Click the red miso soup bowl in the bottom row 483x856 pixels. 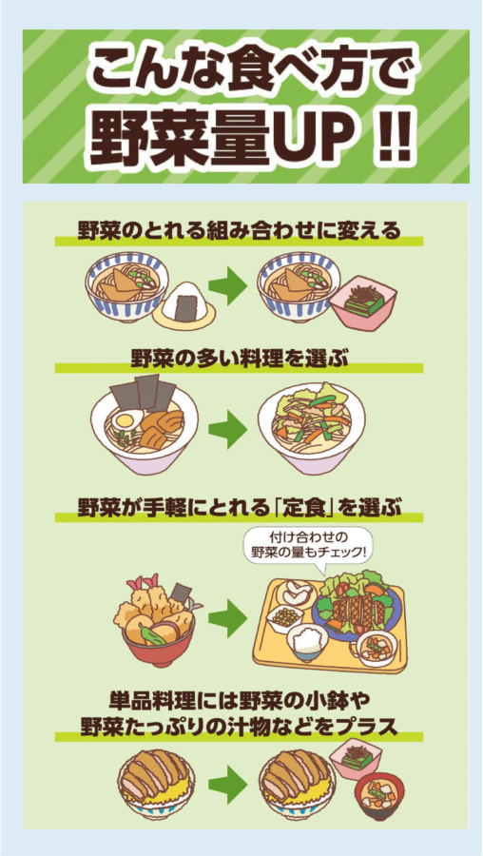tap(380, 797)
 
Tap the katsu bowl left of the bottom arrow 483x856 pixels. tap(157, 784)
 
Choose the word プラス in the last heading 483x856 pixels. tap(365, 726)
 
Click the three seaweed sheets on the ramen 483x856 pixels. tap(143, 391)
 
